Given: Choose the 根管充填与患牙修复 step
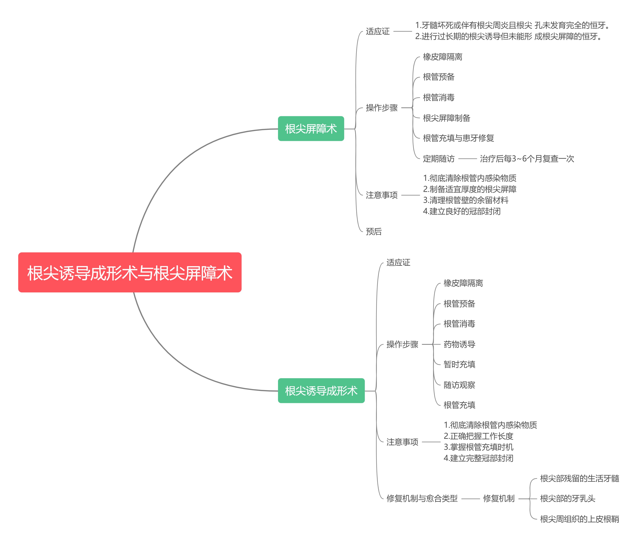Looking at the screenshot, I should (x=458, y=138).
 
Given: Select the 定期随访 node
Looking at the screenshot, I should (x=438, y=159).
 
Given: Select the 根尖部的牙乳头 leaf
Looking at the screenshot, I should (x=567, y=498).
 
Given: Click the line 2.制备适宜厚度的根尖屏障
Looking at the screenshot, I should (x=469, y=189).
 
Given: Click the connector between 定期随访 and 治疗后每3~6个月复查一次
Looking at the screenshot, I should (x=467, y=159).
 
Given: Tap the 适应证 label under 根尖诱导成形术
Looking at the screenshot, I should (x=398, y=263).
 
